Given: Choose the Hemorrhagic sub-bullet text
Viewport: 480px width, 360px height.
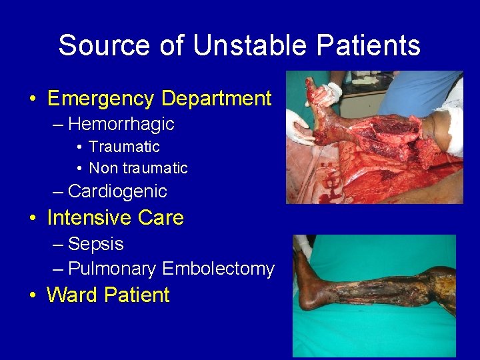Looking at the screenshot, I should [121, 124].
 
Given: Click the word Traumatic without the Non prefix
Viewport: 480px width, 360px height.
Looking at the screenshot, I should [124, 147].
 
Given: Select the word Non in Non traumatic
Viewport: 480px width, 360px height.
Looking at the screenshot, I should [102, 168].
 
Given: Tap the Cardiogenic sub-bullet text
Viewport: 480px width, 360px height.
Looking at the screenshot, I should [117, 191].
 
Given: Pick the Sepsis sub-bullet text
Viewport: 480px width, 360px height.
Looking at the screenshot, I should [96, 244].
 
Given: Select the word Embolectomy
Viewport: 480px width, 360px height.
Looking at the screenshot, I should [218, 269].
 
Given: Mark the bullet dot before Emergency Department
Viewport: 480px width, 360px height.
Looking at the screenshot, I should [33, 99].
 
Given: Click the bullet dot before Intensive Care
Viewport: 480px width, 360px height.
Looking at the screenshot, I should [33, 219].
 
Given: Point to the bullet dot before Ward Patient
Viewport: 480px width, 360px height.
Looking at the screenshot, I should [33, 295].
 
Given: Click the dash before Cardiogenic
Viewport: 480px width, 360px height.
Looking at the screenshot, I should [58, 192].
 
